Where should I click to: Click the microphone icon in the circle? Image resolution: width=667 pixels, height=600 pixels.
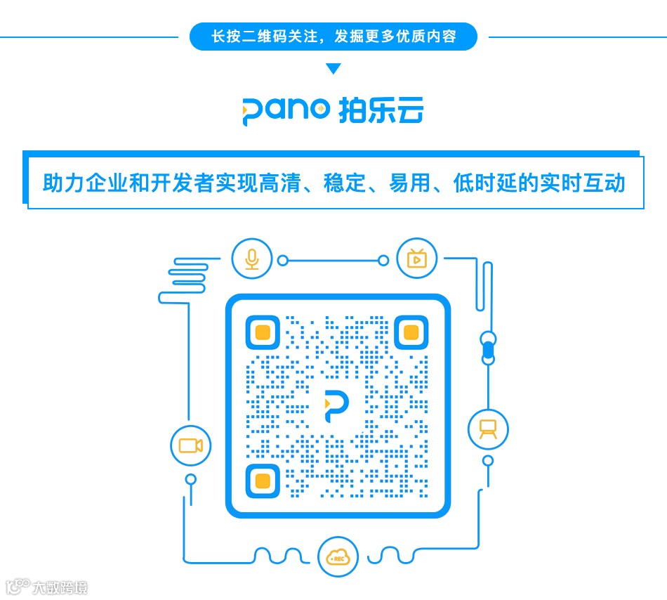pos(251,259)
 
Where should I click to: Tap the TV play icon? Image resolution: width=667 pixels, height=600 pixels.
pos(416,259)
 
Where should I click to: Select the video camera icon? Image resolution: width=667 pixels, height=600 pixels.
pos(190,445)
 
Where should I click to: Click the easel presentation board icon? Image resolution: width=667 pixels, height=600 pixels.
pos(488,429)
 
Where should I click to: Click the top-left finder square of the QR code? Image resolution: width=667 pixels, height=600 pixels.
pos(263,332)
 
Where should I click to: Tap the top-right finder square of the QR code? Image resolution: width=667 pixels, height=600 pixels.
pos(411,332)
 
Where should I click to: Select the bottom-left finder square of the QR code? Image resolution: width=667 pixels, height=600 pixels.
pos(263,481)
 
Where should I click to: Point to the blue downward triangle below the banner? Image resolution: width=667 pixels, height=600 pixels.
pos(333,69)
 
